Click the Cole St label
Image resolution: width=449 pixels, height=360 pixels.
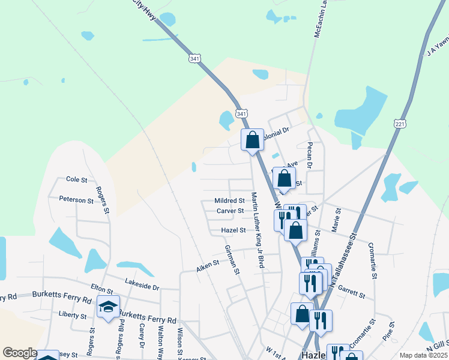tap(76, 179)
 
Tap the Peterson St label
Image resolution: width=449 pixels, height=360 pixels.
tap(76, 199)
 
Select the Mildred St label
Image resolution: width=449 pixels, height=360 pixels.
tap(229, 200)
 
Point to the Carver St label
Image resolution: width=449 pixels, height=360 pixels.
tap(230, 211)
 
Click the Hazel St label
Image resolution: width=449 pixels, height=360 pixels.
tap(234, 230)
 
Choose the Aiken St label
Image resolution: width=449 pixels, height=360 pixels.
tap(207, 266)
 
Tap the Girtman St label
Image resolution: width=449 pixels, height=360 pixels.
tap(232, 260)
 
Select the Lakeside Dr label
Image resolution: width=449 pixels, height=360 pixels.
tap(142, 283)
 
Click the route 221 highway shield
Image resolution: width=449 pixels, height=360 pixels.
tap(400, 123)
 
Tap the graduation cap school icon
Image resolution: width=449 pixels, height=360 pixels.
tap(108, 307)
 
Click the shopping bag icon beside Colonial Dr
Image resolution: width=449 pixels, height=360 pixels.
tap(253, 140)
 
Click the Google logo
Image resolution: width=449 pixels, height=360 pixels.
tap(19, 353)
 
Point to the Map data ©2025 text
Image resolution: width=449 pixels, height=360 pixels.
tap(423, 355)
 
